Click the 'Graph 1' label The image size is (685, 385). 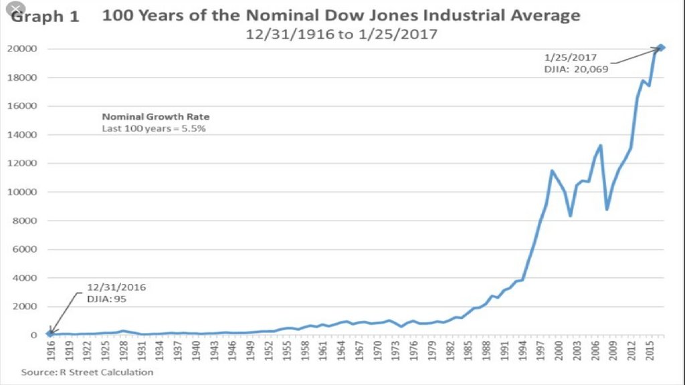pyautogui.click(x=45, y=17)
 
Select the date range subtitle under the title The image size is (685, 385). pyautogui.click(x=342, y=33)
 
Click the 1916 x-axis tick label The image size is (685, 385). pyautogui.click(x=50, y=350)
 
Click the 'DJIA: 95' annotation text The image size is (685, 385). pyautogui.click(x=106, y=299)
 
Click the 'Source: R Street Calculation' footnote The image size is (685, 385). pyautogui.click(x=87, y=372)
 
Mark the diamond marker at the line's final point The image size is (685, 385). pyautogui.click(x=660, y=47)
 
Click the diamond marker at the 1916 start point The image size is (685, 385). pyautogui.click(x=50, y=333)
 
